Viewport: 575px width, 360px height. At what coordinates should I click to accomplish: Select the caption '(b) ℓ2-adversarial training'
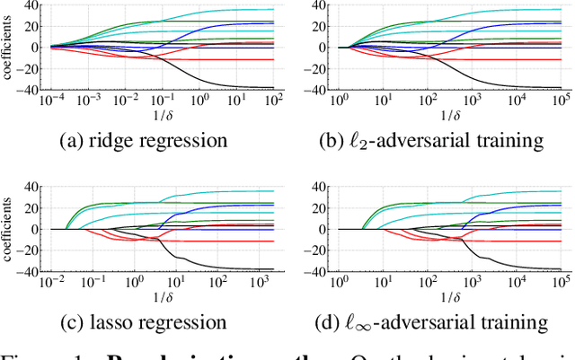[435, 140]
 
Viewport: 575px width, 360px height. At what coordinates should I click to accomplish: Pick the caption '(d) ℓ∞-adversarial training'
[435, 321]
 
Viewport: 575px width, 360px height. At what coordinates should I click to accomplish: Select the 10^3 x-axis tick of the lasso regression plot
[251, 284]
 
